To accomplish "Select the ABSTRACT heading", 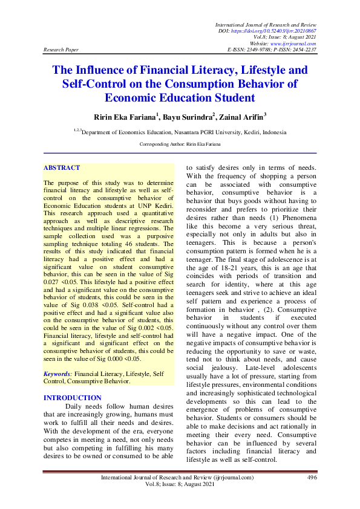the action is click(x=62, y=167).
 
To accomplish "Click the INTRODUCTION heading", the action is click(x=73, y=398).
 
